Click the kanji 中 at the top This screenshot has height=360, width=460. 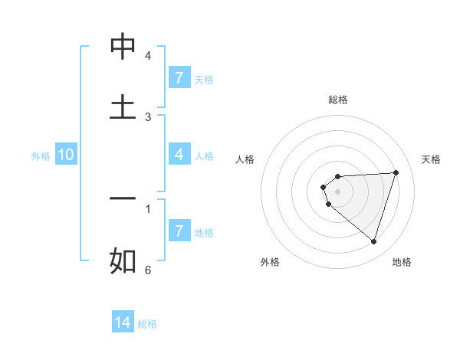tap(123, 47)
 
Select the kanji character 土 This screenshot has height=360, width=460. tap(123, 106)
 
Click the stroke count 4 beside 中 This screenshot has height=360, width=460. tap(148, 56)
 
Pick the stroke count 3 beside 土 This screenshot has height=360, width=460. tap(148, 116)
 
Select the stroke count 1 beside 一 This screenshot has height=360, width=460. tap(148, 208)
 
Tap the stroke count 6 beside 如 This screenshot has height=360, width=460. tap(148, 270)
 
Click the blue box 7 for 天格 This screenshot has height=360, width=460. tap(179, 77)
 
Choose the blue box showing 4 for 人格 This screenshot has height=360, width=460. tap(179, 155)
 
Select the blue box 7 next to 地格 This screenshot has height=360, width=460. tap(179, 231)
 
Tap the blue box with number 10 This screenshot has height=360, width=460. tap(66, 155)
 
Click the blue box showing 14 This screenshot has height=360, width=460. tap(123, 322)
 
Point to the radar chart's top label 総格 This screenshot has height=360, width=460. tap(338, 100)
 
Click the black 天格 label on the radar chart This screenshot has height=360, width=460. tap(432, 159)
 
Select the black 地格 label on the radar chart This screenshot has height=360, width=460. tap(402, 262)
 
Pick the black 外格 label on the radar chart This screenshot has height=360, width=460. tap(270, 262)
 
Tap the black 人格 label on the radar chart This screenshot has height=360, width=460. tap(245, 159)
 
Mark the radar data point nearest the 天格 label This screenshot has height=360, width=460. tap(396, 172)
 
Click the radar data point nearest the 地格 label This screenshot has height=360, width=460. tap(373, 241)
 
